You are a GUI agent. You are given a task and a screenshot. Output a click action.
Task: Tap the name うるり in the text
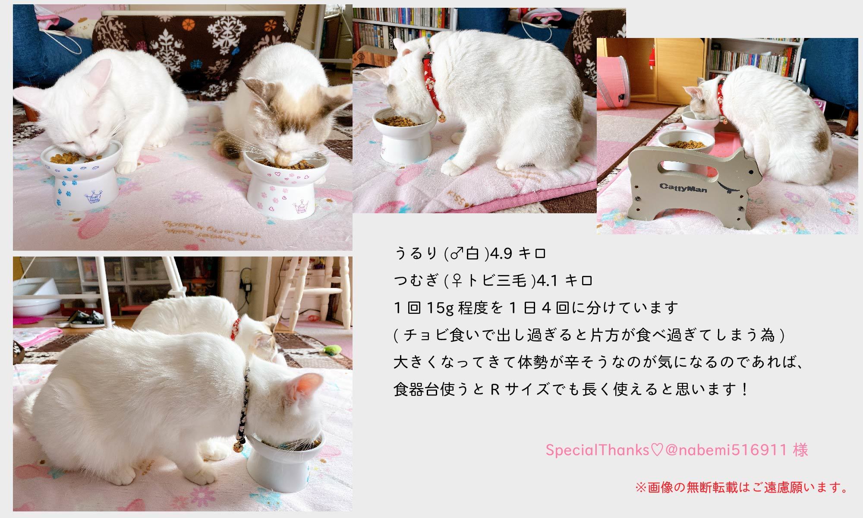(x=416, y=254)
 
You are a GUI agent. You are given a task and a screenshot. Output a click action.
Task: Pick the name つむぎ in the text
(x=416, y=281)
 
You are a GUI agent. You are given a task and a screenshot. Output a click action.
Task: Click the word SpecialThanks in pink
(x=598, y=450)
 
